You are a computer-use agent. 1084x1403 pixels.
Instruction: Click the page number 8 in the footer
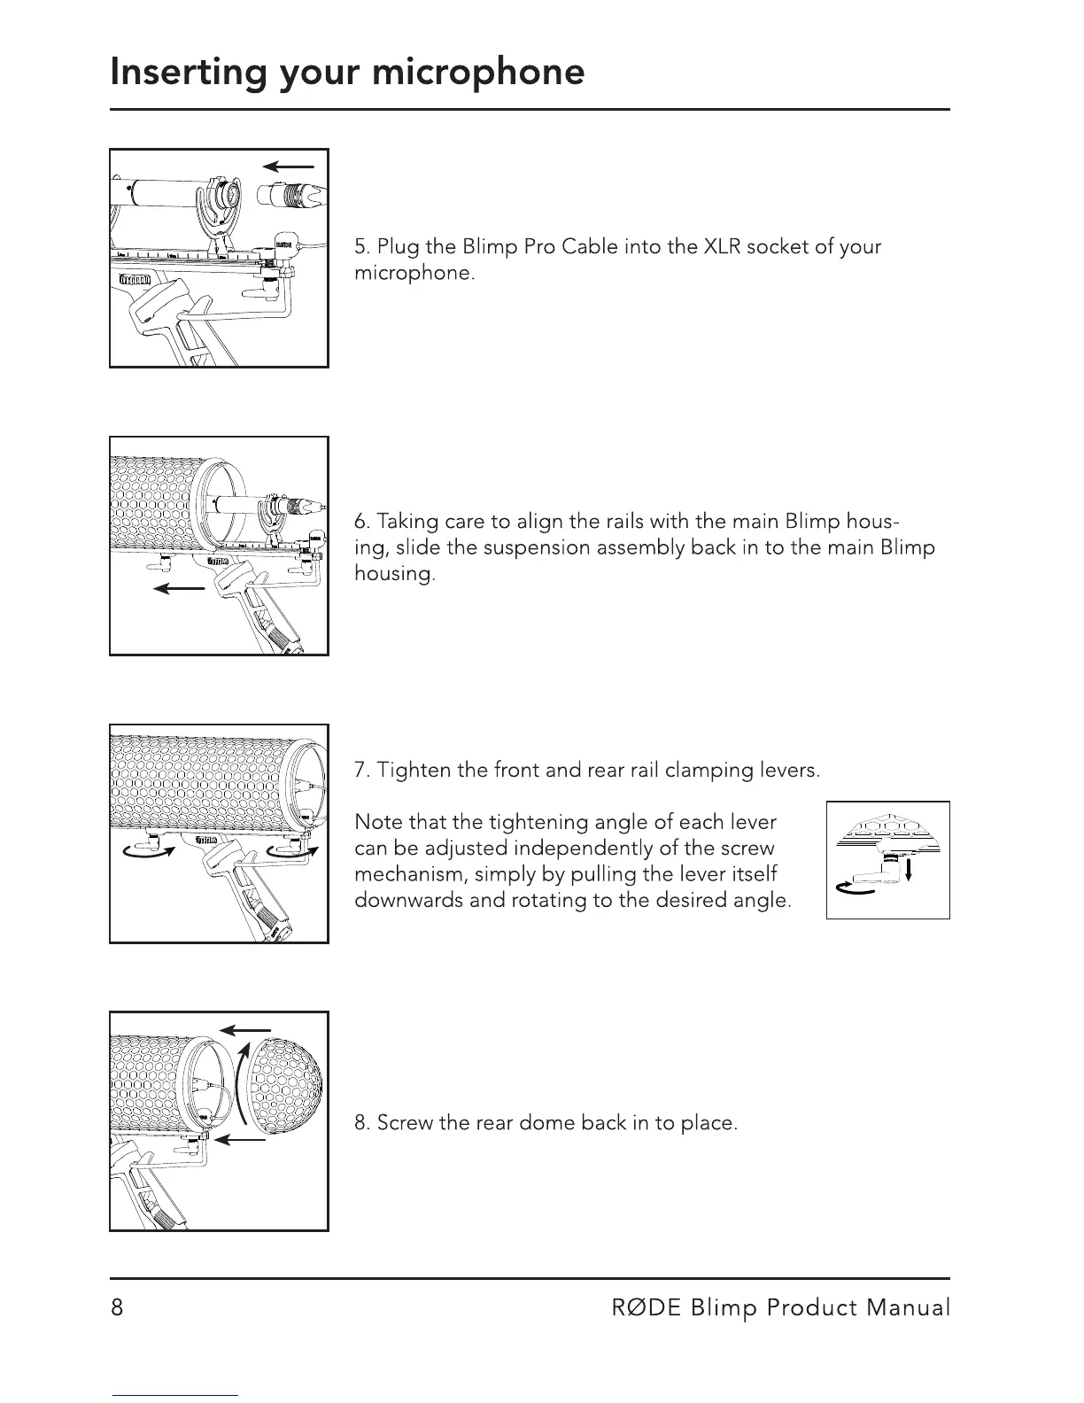click(117, 1307)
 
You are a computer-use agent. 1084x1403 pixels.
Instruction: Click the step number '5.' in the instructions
click(361, 246)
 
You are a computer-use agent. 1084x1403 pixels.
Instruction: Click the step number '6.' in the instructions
click(362, 521)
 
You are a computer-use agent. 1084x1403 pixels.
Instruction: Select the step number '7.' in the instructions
click(361, 770)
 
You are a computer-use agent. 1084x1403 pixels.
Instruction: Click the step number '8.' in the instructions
click(362, 1123)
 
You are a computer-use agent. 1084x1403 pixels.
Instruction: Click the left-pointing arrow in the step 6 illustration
click(174, 589)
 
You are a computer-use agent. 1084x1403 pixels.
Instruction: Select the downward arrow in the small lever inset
click(909, 873)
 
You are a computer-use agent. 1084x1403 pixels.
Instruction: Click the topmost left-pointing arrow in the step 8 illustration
click(245, 1030)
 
